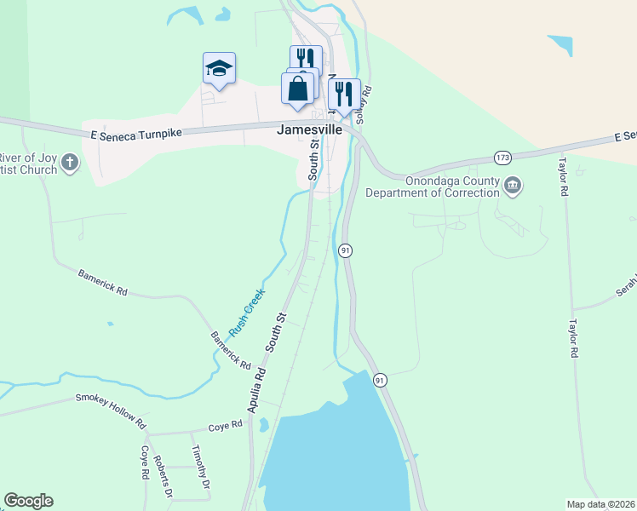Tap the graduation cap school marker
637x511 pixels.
pyautogui.click(x=219, y=68)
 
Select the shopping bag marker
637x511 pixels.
pyautogui.click(x=297, y=89)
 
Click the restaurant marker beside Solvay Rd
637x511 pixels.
pyautogui.click(x=344, y=95)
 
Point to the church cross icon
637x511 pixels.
pyautogui.click(x=70, y=162)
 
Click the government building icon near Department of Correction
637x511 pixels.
pyautogui.click(x=513, y=185)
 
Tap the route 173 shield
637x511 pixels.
pyautogui.click(x=503, y=158)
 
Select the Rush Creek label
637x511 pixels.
pyautogui.click(x=247, y=313)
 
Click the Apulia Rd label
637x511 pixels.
pyautogui.click(x=258, y=389)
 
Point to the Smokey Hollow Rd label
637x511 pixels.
pyautogui.click(x=111, y=410)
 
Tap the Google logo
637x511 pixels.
pyautogui.click(x=28, y=501)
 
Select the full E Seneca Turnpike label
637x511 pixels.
pyautogui.click(x=136, y=133)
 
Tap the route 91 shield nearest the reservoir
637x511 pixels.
pyautogui.click(x=380, y=379)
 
